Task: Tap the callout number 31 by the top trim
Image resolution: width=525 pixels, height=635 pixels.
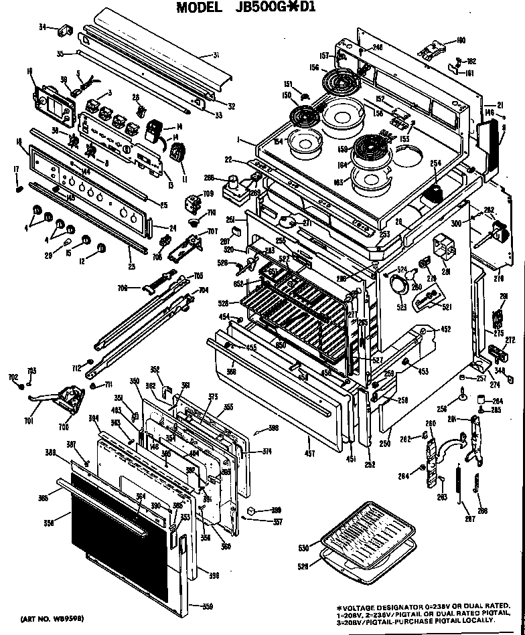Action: [216, 55]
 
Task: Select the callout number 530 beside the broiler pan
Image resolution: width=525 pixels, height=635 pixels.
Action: [303, 549]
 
